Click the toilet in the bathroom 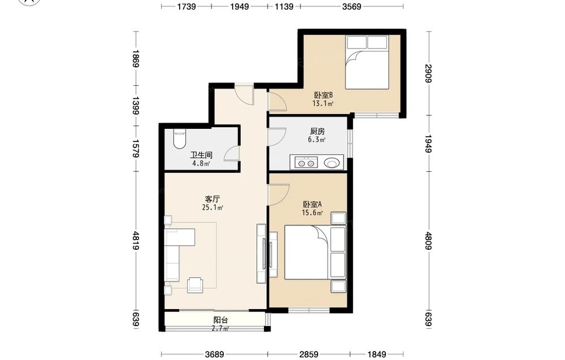[x=179, y=138]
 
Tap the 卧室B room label [x=323, y=95]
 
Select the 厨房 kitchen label [x=317, y=132]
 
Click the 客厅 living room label [x=212, y=199]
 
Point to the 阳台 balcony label [x=220, y=320]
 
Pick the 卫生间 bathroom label [x=201, y=155]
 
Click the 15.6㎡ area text [x=312, y=212]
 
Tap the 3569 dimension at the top [x=351, y=6]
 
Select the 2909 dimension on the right [x=428, y=73]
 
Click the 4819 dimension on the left [x=136, y=240]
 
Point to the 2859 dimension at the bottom [x=309, y=354]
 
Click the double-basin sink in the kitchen [x=306, y=163]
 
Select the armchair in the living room [x=195, y=284]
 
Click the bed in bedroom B [x=367, y=62]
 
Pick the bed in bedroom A [x=315, y=252]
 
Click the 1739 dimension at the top [x=186, y=6]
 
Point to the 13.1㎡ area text [x=323, y=104]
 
